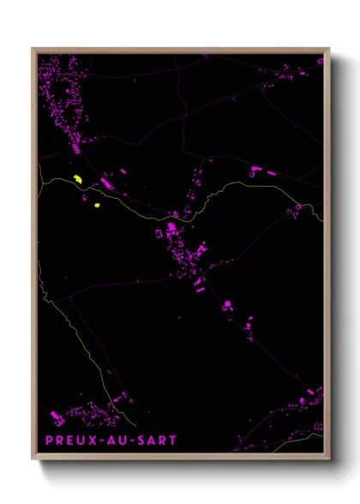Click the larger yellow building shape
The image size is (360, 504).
click(x=77, y=178)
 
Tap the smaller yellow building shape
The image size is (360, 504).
click(x=95, y=205)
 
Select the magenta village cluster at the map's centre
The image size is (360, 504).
click(x=184, y=253)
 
